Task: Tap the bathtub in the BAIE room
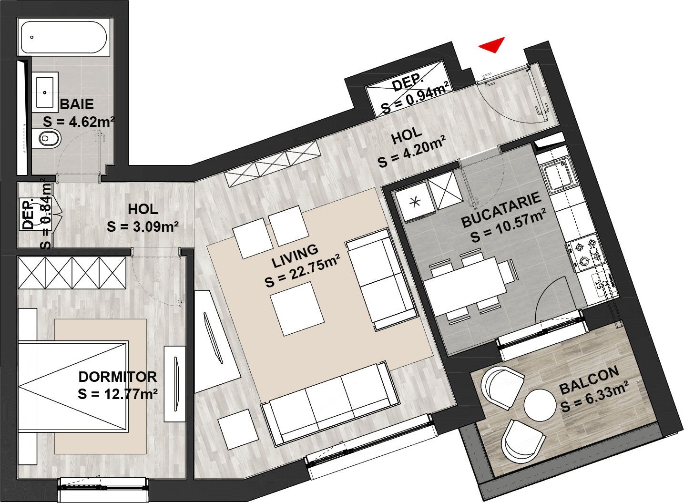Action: click(63, 38)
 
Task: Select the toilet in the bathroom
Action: click(47, 139)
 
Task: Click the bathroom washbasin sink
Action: click(45, 92)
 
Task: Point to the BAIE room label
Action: click(77, 104)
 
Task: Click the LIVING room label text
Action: click(295, 256)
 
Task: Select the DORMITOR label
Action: click(118, 377)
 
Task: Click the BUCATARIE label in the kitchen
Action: click(501, 210)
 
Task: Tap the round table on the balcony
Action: click(540, 405)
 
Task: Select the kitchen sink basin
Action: click(558, 176)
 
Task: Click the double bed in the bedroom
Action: click(72, 387)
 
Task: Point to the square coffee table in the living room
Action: click(297, 309)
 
